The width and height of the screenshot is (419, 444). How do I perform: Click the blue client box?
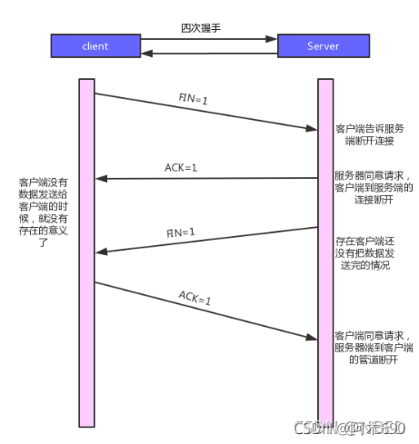point(95,44)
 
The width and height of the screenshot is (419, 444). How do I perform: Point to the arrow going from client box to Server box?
point(210,39)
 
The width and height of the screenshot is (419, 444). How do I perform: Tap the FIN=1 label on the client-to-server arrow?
point(192,99)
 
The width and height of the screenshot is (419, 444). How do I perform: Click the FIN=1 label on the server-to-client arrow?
point(180,232)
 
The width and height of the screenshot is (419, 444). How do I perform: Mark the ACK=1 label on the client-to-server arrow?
point(194,297)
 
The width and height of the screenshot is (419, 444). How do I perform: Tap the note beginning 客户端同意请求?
point(374,347)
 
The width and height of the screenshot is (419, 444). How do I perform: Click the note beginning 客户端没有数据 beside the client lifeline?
point(43,219)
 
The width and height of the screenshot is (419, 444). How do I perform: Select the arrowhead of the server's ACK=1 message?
point(103,179)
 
